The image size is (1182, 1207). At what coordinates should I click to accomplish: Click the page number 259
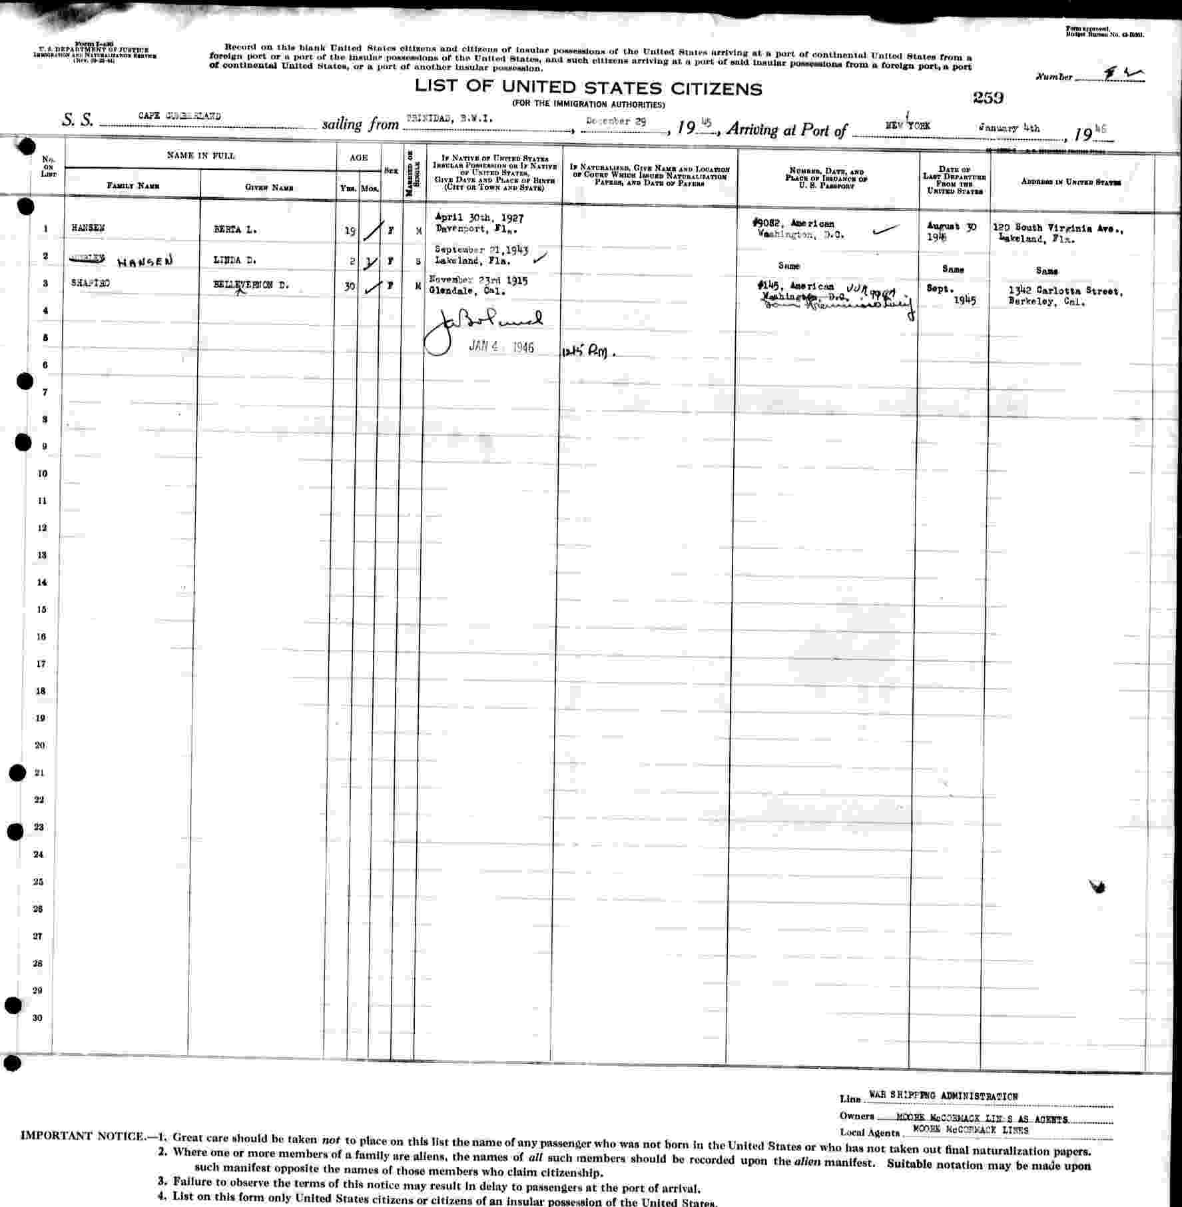coord(988,97)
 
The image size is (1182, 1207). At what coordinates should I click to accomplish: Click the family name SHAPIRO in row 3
coord(91,283)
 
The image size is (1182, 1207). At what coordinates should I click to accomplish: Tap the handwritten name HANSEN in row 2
coord(145,262)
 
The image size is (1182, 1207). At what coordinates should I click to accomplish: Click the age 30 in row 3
coord(350,288)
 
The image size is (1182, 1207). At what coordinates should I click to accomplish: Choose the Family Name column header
coord(133,186)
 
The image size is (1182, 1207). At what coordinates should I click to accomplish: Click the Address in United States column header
coord(1071,183)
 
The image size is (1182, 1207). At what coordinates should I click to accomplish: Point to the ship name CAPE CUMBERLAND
coord(180,116)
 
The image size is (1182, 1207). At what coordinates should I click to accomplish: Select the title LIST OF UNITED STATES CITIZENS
coord(588,88)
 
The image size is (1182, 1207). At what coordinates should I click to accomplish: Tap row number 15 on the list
coord(42,609)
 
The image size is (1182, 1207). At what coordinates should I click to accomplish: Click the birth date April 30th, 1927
coord(479,217)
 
